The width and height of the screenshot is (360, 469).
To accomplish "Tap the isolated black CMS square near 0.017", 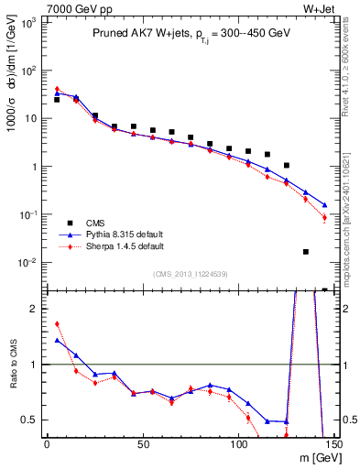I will pyautogui.click(x=305, y=252).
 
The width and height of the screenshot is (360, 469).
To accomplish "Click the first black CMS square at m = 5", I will pyautogui.click(x=57, y=100).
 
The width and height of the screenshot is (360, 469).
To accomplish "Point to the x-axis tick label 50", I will pyautogui.click(x=142, y=445).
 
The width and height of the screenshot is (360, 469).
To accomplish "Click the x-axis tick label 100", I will pyautogui.click(x=238, y=445).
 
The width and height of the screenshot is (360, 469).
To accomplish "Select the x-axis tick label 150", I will pyautogui.click(x=333, y=445).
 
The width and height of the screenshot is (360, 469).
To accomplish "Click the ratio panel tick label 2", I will pyautogui.click(x=35, y=309).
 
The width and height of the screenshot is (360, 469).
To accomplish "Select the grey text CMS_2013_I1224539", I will pyautogui.click(x=190, y=273).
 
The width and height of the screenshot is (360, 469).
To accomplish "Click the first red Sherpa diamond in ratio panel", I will pyautogui.click(x=57, y=323).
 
